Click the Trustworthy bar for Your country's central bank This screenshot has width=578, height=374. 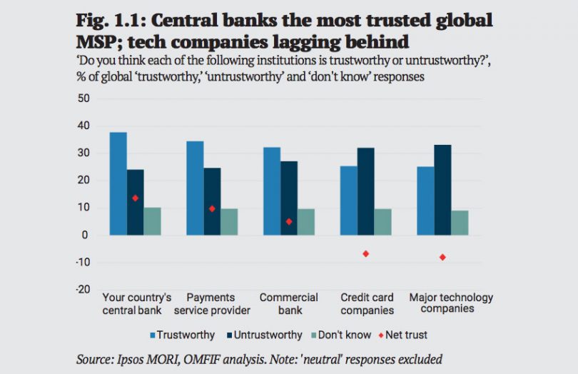[118, 184]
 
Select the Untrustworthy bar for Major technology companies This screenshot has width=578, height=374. [442, 190]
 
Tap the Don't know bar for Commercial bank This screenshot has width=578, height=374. [305, 222]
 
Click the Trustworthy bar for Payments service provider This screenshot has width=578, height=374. [195, 188]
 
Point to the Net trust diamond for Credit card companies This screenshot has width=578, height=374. [365, 253]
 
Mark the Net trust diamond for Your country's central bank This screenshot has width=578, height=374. [135, 198]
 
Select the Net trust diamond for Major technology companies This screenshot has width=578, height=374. [442, 257]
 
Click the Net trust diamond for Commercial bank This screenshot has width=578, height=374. [289, 221]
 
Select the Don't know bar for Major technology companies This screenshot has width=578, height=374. [460, 223]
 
